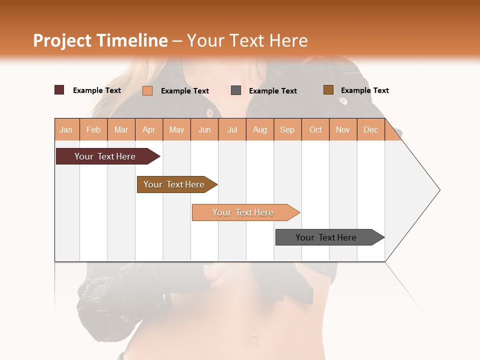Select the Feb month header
pyautogui.click(x=93, y=129)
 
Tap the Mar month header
pyautogui.click(x=121, y=129)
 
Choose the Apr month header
pyautogui.click(x=149, y=129)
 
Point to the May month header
pyautogui.click(x=176, y=129)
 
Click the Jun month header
pyautogui.click(x=204, y=129)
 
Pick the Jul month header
pyautogui.click(x=232, y=129)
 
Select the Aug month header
pyautogui.click(x=260, y=129)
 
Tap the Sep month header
pyautogui.click(x=287, y=129)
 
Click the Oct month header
pyautogui.click(x=315, y=129)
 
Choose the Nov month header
pyautogui.click(x=343, y=129)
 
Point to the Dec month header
pyautogui.click(x=371, y=129)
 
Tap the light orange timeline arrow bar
pyautogui.click(x=243, y=212)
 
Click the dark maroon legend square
pyautogui.click(x=59, y=90)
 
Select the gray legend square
pyautogui.click(x=236, y=90)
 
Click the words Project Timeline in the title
pyautogui.click(x=100, y=40)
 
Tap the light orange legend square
pyautogui.click(x=147, y=90)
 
